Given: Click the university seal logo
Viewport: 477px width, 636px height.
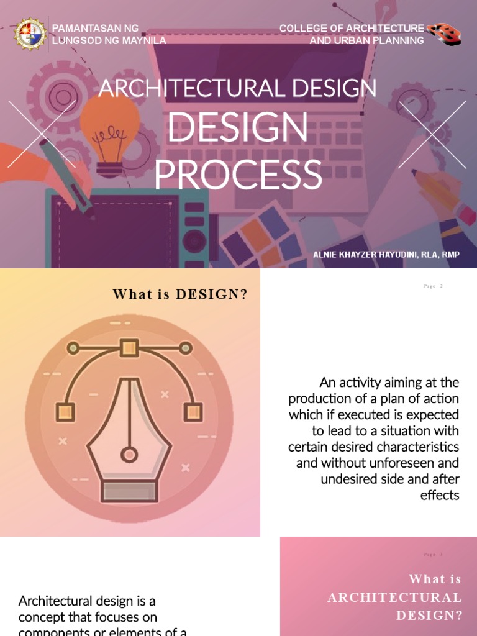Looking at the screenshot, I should (30, 35).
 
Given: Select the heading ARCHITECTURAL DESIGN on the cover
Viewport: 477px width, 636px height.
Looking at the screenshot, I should (237, 89).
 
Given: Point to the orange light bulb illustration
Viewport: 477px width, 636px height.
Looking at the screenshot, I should (110, 124).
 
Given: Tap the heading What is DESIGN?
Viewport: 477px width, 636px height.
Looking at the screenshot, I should (179, 294).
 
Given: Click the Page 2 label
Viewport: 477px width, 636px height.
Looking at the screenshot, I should (433, 286).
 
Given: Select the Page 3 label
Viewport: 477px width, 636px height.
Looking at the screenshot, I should (433, 554).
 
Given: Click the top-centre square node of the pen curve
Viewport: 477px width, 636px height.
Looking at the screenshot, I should (129, 347).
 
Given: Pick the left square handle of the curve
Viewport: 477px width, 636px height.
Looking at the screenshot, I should (65, 411).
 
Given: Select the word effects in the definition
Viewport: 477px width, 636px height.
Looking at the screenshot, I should (439, 495).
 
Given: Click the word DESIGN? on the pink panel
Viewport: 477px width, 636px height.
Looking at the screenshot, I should (429, 616).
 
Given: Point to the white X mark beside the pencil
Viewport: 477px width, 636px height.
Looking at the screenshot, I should (432, 135).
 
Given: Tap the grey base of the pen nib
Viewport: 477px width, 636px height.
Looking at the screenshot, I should (129, 491).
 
